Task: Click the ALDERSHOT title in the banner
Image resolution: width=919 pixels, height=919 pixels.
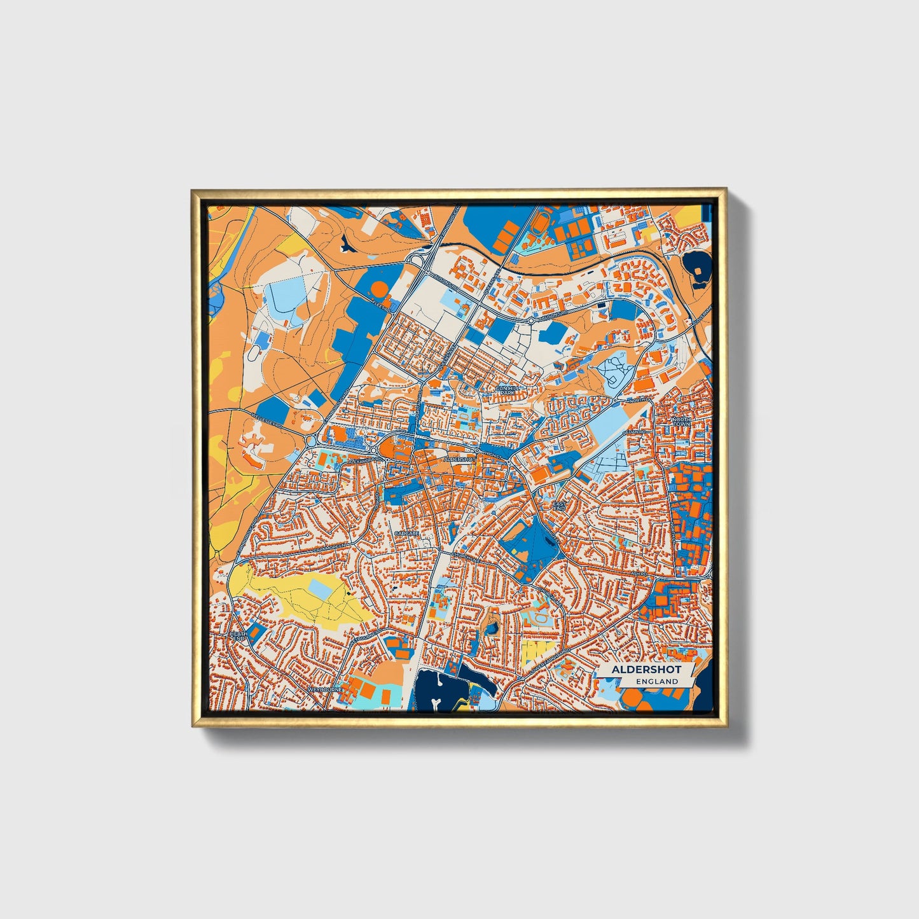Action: pyautogui.click(x=646, y=670)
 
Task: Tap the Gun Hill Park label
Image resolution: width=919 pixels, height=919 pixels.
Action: pyautogui.click(x=507, y=390)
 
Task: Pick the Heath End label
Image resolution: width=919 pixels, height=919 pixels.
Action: pyautogui.click(x=238, y=637)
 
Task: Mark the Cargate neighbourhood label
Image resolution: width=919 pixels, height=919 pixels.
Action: pyautogui.click(x=407, y=533)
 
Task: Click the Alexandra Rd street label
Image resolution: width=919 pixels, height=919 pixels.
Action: pyautogui.click(x=363, y=459)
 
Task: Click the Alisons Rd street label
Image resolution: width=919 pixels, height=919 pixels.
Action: pyautogui.click(x=553, y=314)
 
